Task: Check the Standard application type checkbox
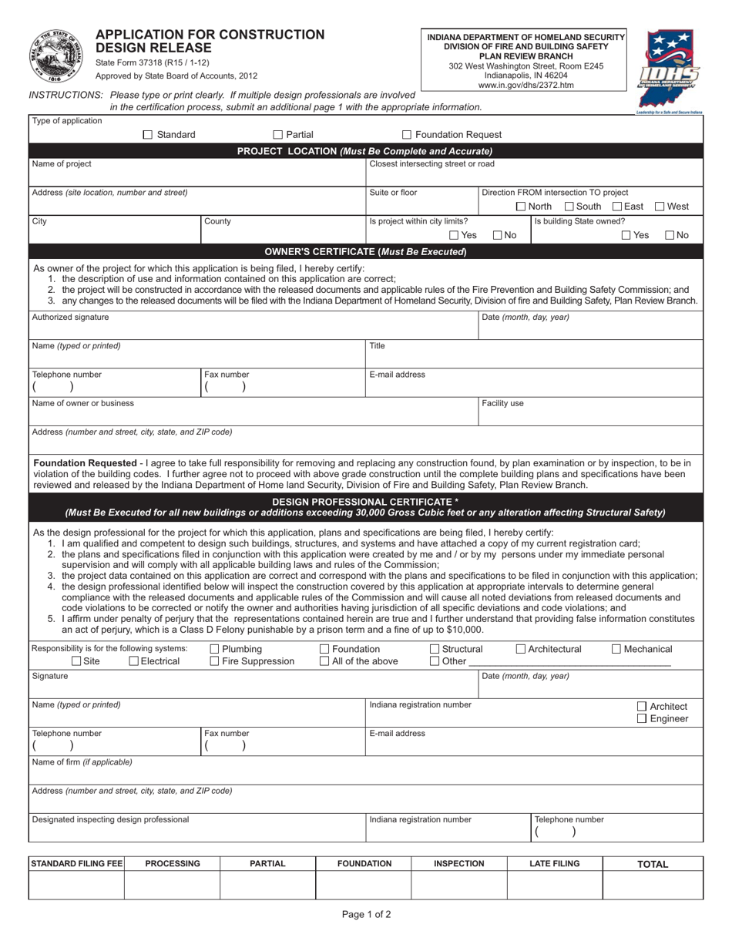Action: (x=149, y=135)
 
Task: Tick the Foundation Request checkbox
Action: (x=408, y=135)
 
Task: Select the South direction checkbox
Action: (x=569, y=207)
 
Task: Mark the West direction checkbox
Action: (x=660, y=207)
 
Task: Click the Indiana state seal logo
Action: (x=52, y=56)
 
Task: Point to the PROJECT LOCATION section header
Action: (x=364, y=151)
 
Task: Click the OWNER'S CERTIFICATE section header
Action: (x=364, y=251)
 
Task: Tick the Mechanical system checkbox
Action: (x=616, y=649)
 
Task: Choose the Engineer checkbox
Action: (x=643, y=718)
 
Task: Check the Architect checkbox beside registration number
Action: (x=643, y=706)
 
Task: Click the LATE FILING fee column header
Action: (x=554, y=864)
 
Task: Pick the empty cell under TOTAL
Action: (x=652, y=886)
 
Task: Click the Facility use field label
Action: (x=502, y=403)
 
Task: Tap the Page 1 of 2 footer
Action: (x=366, y=915)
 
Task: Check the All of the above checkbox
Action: (x=324, y=661)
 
